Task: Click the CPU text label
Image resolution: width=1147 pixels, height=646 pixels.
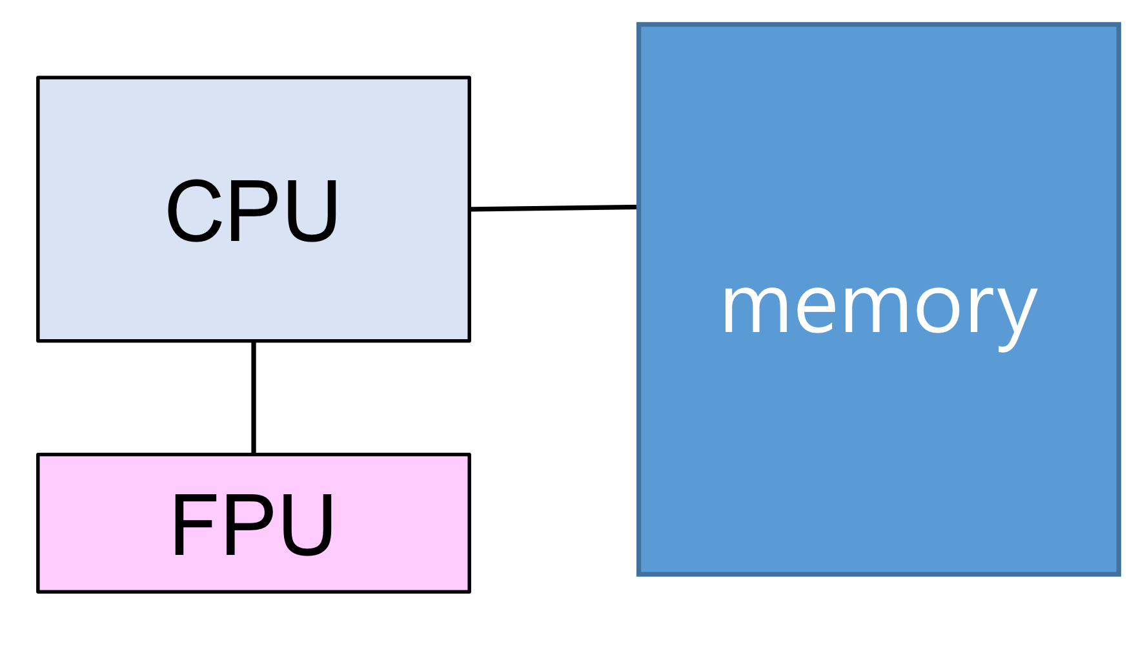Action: coord(252,211)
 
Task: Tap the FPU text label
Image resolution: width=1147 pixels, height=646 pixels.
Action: coord(252,525)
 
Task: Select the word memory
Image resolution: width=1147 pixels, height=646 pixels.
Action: coord(878,309)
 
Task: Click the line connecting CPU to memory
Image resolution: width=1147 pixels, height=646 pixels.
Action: coord(554,208)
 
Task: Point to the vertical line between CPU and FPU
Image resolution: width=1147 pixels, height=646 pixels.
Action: coord(254,397)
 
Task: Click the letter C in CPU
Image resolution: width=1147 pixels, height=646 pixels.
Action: coord(194,211)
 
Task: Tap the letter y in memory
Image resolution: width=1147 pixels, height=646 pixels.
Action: coord(1017,315)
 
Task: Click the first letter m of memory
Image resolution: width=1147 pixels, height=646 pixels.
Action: coord(755,309)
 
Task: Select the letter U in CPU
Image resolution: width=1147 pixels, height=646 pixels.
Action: coord(312,211)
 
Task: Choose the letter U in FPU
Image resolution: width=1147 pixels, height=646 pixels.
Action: coord(309,525)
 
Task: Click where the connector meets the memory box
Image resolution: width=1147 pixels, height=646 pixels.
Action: coord(638,207)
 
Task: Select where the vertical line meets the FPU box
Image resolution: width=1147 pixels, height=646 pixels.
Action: coord(254,454)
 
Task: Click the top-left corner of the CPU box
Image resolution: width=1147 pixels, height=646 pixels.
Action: coord(39,78)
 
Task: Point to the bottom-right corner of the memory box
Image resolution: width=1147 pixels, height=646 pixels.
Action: coord(1119,573)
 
